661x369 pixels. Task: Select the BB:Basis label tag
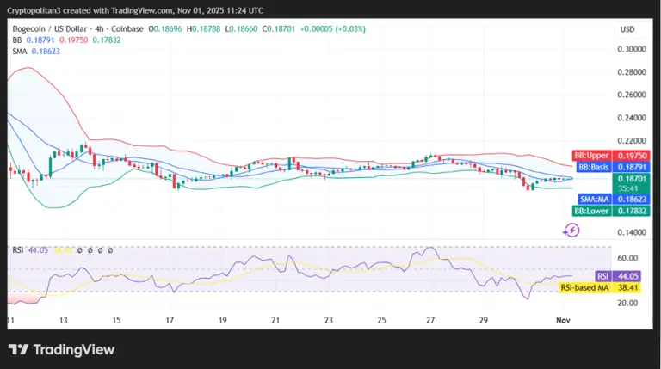point(592,166)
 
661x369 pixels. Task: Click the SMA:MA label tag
point(593,199)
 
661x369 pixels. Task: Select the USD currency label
point(627,29)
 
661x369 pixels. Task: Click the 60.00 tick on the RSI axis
point(627,258)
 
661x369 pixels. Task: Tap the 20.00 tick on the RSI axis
point(627,303)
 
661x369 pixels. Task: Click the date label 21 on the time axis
point(275,319)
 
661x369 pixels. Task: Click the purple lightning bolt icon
point(571,230)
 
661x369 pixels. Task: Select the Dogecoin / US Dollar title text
point(52,28)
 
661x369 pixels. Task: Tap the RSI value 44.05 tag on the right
point(629,276)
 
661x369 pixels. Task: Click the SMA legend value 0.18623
point(48,51)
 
